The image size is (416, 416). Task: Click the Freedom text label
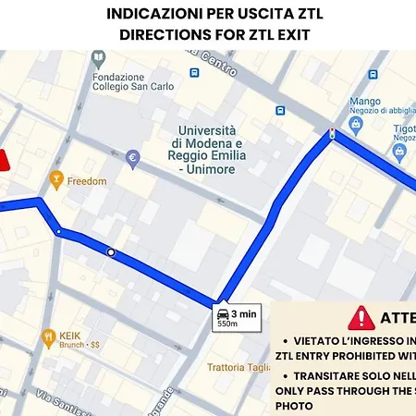(88, 181)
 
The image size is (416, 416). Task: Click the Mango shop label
(365, 101)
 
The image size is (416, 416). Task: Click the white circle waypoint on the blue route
(111, 251)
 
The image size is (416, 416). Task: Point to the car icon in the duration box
(222, 314)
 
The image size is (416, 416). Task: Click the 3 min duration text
(244, 314)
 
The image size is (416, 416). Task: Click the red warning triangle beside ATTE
(361, 318)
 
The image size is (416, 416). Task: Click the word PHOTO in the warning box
(294, 405)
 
